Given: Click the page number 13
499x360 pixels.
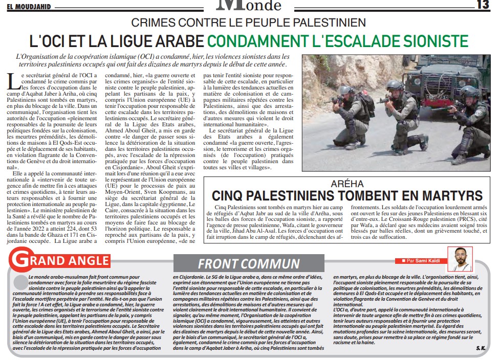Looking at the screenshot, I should coord(483,5).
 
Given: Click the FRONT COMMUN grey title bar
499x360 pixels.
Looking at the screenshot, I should coord(248,263).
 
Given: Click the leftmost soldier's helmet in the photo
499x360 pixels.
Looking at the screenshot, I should coord(346,90).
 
